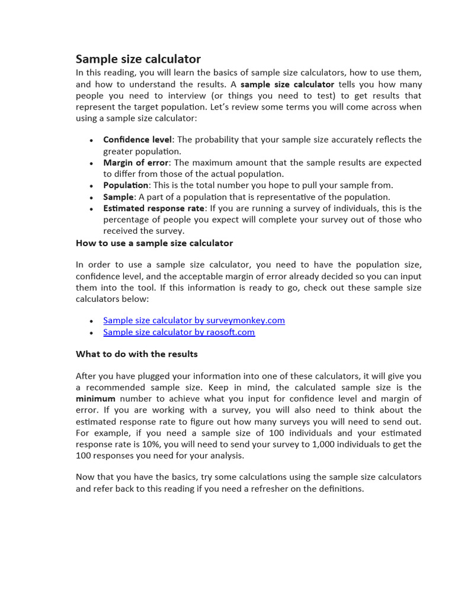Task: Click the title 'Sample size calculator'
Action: pos(138,59)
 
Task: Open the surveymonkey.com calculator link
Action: pos(194,320)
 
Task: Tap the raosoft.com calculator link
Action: pos(179,332)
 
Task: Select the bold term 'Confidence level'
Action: pos(137,140)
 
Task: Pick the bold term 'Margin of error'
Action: pos(136,163)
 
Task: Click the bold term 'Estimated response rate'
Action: pos(154,208)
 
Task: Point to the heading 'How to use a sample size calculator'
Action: pos(154,243)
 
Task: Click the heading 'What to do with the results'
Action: pos(137,354)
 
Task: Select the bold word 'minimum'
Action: pos(95,399)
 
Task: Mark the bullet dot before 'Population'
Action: pos(91,186)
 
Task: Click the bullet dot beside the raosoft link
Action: pos(91,333)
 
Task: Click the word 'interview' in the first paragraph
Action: pos(169,96)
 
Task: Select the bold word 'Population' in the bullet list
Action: pos(126,185)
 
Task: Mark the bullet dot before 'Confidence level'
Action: pos(91,140)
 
